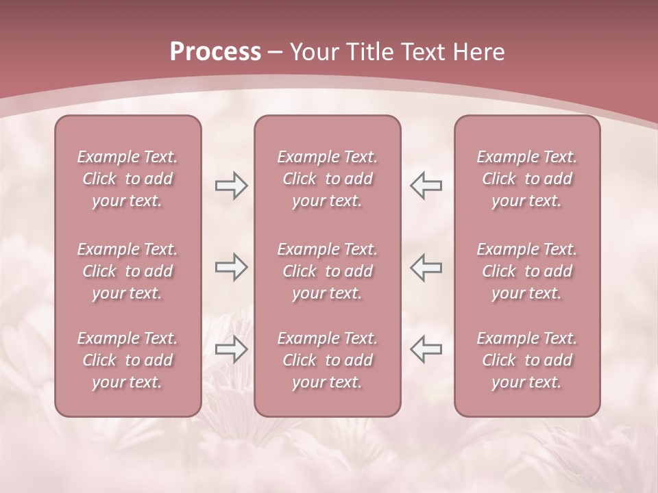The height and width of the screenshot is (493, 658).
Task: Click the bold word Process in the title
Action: [215, 52]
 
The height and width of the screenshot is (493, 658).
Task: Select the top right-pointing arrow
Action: [231, 186]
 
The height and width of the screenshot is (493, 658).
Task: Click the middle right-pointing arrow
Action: [231, 267]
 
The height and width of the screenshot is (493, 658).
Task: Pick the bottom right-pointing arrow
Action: [231, 349]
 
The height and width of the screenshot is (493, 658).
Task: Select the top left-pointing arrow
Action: [426, 186]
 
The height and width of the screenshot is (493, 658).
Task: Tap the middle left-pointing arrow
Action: [426, 267]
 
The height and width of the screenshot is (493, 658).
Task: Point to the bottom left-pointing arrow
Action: [426, 349]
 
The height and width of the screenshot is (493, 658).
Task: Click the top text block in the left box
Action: [127, 179]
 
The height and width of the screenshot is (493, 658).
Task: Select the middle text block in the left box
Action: [127, 271]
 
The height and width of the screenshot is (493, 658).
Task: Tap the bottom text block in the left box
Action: [127, 360]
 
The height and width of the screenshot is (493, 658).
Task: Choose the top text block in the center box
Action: [328, 179]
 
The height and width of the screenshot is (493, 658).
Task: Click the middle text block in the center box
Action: [328, 271]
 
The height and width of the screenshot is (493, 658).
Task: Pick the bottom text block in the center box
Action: [328, 360]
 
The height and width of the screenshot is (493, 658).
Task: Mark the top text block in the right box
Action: [527, 179]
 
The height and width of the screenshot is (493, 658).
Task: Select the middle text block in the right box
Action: [527, 271]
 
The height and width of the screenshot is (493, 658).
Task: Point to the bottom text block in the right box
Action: [527, 360]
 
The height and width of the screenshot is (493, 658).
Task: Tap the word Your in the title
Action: [312, 52]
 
